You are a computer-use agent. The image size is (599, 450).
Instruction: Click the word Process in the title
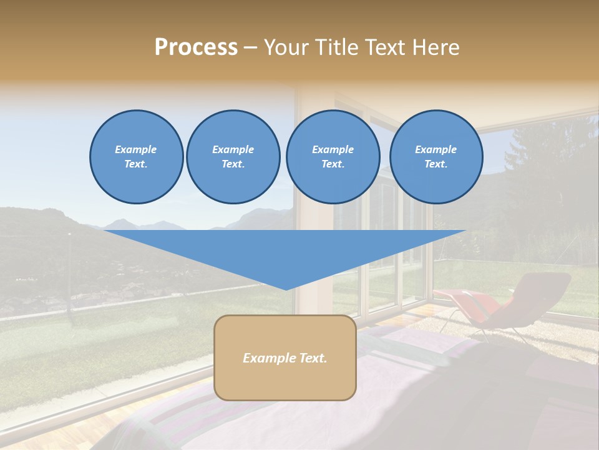coord(196,47)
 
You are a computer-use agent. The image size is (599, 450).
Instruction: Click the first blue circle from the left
coord(136,157)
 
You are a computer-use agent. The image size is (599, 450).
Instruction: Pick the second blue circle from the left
coord(233,157)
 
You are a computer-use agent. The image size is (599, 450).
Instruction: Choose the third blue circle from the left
coord(333,157)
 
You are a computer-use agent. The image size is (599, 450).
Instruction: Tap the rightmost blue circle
coord(436,157)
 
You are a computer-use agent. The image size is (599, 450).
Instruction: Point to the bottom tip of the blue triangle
coord(286,289)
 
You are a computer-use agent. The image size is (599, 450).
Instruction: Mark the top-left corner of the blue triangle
coord(104,231)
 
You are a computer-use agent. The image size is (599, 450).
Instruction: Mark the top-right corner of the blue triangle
coord(465,231)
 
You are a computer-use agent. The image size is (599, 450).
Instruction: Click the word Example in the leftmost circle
coord(136,149)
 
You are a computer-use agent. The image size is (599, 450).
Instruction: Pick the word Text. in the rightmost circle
coord(436,164)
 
